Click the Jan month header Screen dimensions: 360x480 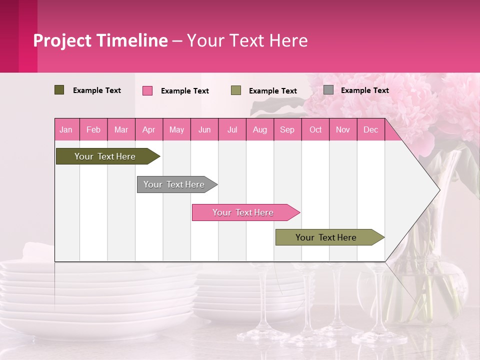pos(66,130)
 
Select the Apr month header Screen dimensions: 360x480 pos(149,130)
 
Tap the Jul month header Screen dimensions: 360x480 pos(232,130)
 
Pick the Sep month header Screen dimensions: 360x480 pos(287,130)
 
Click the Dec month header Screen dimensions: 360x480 pos(370,130)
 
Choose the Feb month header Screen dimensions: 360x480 pos(93,130)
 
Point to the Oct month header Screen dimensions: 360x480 pos(315,130)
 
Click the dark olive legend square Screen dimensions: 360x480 pos(59,90)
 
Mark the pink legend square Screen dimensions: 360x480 pos(147,90)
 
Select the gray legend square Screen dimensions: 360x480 pos(328,90)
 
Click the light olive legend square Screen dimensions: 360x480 pos(236,90)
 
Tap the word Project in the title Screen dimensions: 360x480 pos(62,40)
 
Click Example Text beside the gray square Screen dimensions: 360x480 pos(364,90)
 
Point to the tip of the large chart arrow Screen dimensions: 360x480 pos(438,189)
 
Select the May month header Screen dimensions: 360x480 pos(176,130)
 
